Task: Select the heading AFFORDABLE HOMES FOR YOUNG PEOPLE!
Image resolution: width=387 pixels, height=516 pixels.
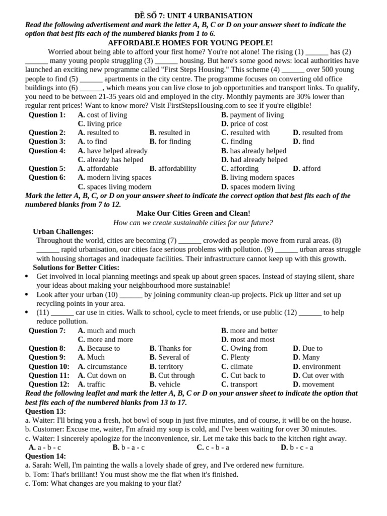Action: coord(190,43)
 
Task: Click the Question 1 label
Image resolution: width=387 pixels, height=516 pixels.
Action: coord(47,115)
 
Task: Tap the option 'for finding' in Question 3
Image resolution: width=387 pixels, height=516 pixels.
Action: coord(174,142)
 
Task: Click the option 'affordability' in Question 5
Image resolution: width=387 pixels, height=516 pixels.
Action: coord(177,169)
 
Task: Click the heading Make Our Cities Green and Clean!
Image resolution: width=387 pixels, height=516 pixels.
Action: coord(193,214)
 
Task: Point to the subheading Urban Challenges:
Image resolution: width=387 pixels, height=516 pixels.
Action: coord(63,231)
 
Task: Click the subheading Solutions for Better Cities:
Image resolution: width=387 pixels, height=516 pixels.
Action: coord(76,268)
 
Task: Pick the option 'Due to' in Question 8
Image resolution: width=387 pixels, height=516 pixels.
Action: coord(312,348)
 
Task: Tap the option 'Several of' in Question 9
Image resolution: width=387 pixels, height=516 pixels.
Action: coord(173,357)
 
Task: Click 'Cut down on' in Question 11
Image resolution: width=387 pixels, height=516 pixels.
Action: coord(106,375)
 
